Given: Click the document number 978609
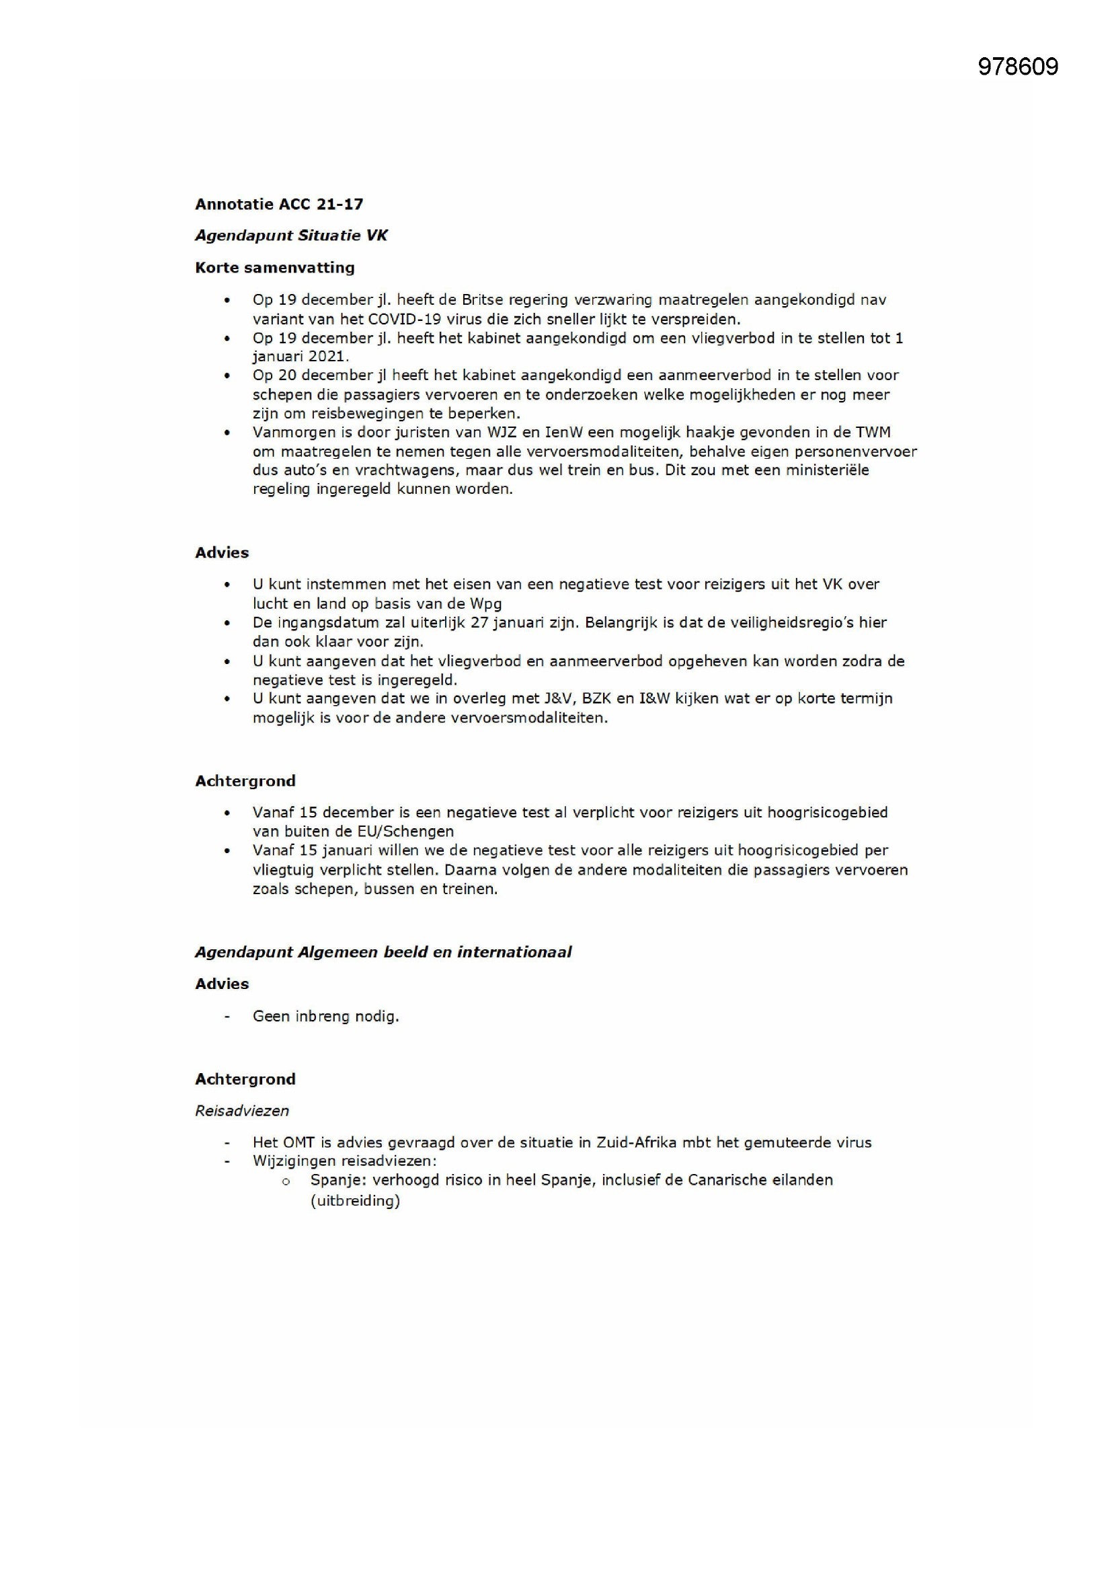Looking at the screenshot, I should [1017, 67].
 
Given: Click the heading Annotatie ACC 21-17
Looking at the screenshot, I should [279, 204].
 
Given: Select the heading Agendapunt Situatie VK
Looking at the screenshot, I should [291, 235].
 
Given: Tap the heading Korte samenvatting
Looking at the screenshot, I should [274, 268].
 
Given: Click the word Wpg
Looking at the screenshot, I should [485, 603].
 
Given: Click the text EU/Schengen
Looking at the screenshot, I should [405, 832].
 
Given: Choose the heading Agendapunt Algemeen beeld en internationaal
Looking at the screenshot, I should [383, 952].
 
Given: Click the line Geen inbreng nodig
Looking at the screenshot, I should [325, 1017].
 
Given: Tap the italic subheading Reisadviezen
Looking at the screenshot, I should [242, 1111].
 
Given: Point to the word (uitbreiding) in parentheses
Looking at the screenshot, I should [355, 1201].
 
